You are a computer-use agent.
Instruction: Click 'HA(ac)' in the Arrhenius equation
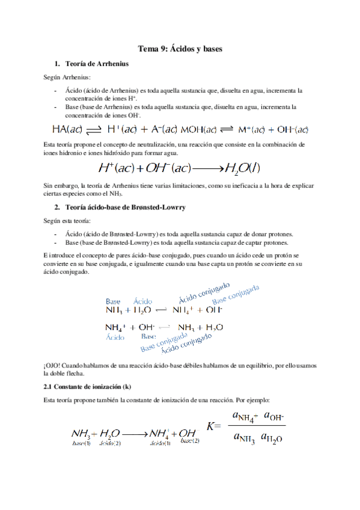point(68,129)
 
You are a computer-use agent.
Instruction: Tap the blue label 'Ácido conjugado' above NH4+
point(204,292)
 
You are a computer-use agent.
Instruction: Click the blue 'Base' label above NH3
point(113,301)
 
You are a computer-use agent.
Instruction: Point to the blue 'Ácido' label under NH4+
point(115,338)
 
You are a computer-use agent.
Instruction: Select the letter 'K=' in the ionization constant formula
point(214,425)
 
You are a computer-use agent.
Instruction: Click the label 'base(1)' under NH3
point(81,444)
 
